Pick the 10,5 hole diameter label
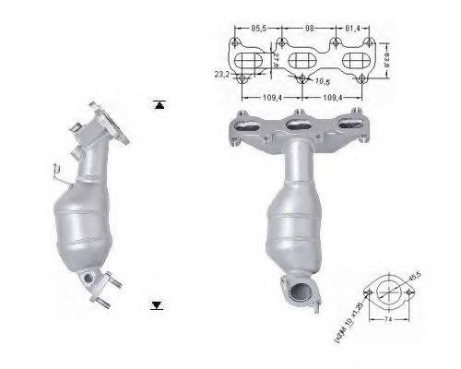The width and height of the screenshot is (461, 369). click(323, 82)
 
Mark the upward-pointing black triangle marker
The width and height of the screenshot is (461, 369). click(160, 105)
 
